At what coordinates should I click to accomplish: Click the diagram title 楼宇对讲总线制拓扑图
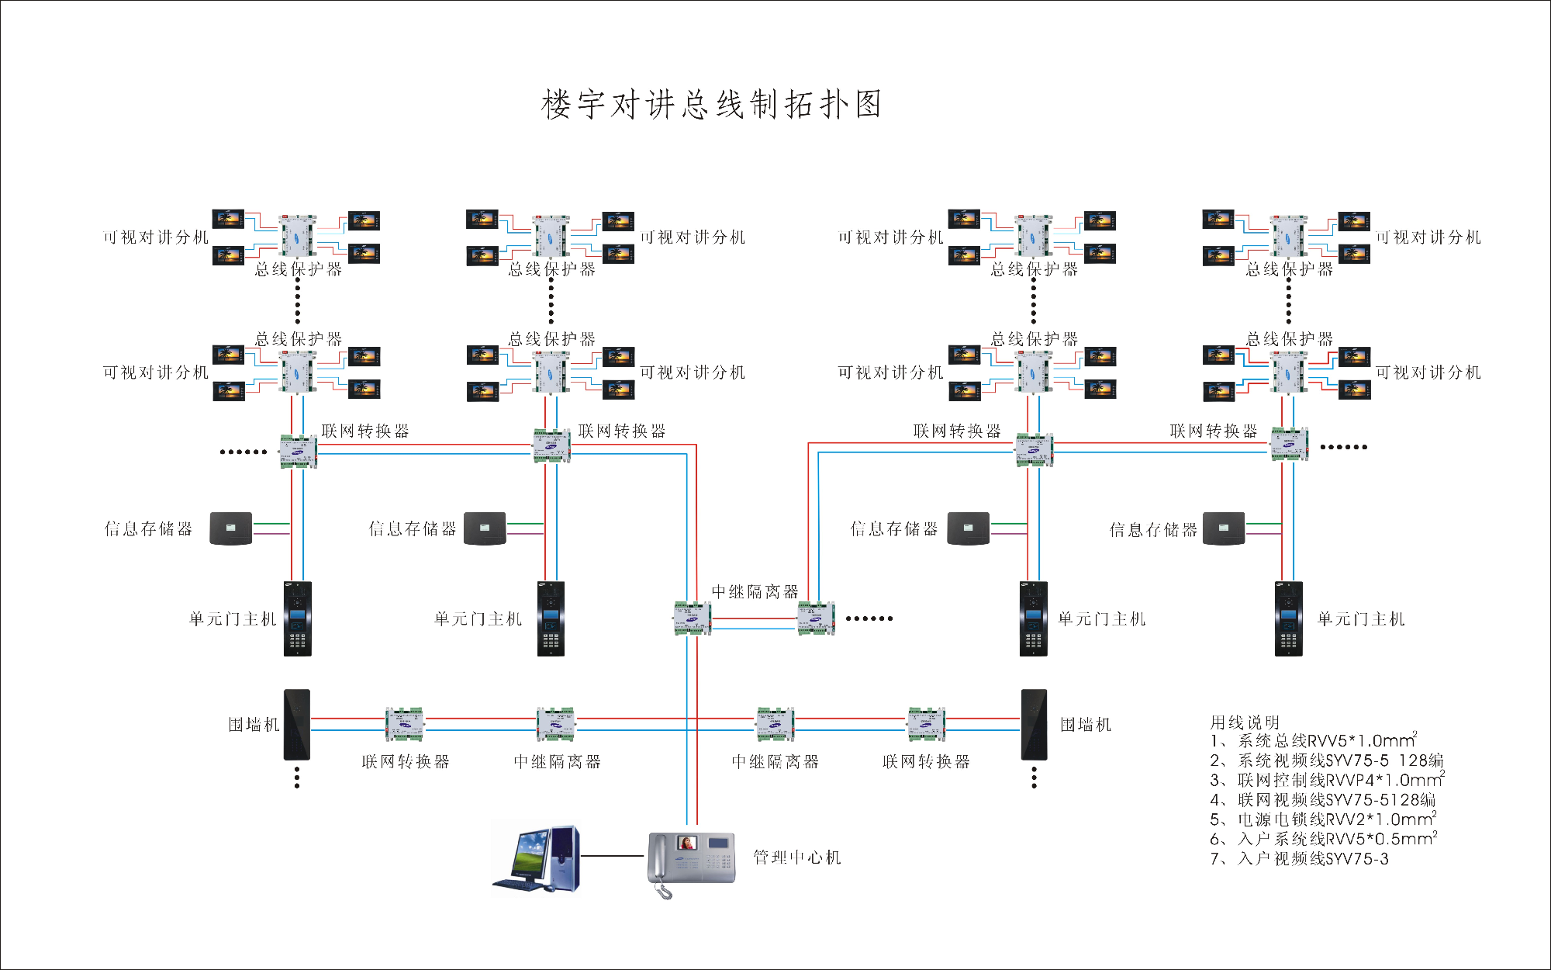[x=711, y=105]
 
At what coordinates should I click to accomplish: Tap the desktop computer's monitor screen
[x=529, y=852]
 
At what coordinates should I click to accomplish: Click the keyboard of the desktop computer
[x=518, y=885]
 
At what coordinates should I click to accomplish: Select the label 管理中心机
[x=796, y=857]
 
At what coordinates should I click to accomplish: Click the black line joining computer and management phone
[x=613, y=856]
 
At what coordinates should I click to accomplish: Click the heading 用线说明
[x=1245, y=722]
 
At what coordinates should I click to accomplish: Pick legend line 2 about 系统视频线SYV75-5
[x=1327, y=760]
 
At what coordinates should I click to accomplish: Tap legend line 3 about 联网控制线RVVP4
[x=1327, y=780]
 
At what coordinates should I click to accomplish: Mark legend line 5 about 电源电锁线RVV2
[x=1323, y=819]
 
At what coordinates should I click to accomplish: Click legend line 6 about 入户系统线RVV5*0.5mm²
[x=1323, y=839]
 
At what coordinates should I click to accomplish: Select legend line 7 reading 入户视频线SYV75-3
[x=1300, y=859]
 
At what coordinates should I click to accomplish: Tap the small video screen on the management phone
[x=687, y=843]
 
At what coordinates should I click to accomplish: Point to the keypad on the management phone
[x=719, y=861]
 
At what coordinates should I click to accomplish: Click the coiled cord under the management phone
[x=664, y=891]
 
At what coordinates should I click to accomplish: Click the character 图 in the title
[x=869, y=105]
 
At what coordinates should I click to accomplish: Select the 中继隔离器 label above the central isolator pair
[x=755, y=591]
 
